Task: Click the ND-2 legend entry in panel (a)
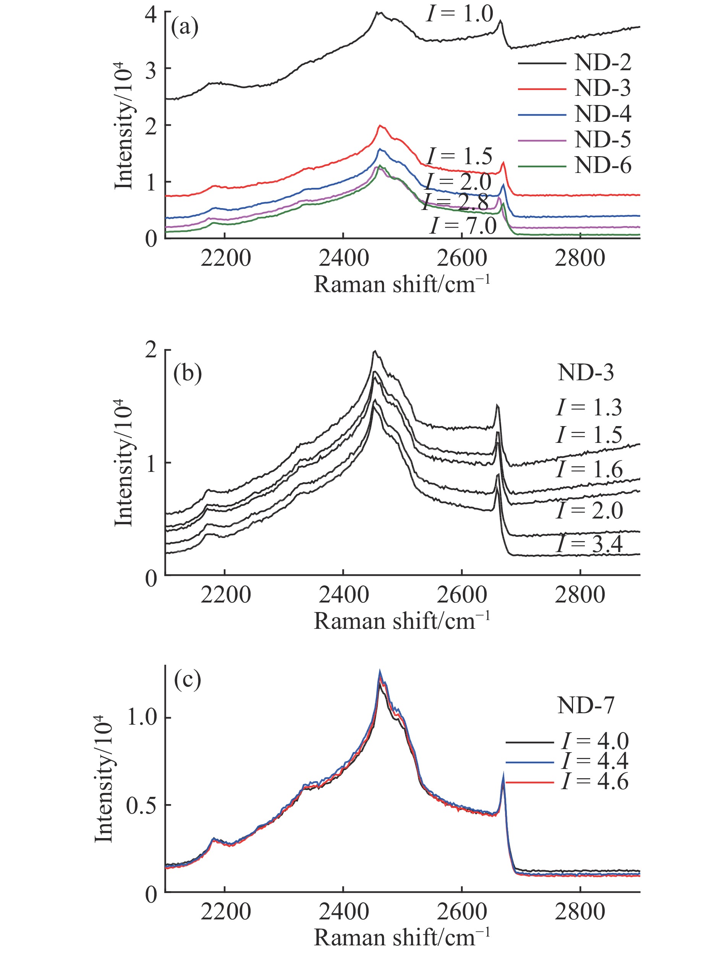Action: click(602, 63)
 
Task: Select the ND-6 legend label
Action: click(602, 166)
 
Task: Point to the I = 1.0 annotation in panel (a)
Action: click(460, 14)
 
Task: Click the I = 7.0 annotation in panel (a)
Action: click(463, 226)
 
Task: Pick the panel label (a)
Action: click(185, 27)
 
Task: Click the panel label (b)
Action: click(187, 373)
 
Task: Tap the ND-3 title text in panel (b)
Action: click(585, 373)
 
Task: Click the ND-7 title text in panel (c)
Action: click(585, 706)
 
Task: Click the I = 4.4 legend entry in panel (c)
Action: click(595, 761)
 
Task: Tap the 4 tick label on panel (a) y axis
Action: click(151, 14)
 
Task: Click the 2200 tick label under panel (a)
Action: click(225, 258)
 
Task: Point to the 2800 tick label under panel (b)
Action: click(580, 595)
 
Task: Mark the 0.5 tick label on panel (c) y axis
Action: click(141, 805)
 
